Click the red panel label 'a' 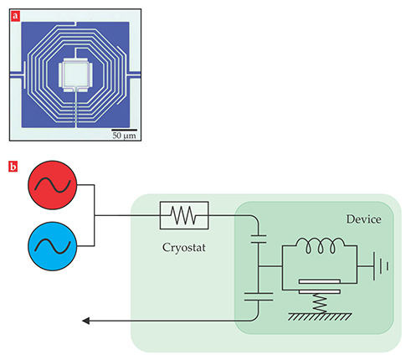15,16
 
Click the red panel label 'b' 13,167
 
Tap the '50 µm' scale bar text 124,136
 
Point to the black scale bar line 125,130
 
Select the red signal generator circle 52,185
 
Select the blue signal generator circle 52,246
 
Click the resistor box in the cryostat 184,215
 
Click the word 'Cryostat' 184,248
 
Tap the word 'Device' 364,219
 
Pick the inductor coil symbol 320,245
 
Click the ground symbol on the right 381,266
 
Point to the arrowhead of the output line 85,321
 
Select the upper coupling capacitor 259,239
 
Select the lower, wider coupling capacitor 259,296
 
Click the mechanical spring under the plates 320,304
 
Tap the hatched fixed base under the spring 320,316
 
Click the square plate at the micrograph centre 75,75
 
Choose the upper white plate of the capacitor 320,281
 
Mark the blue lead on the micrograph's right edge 134,74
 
